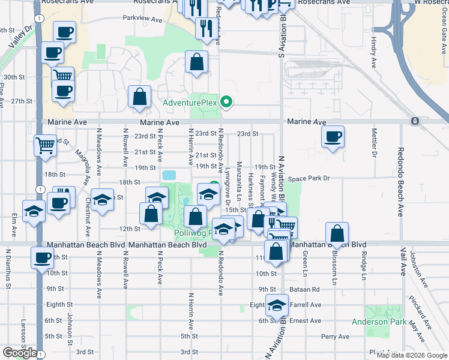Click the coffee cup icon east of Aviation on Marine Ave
coord(333,137)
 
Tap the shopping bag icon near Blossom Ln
coord(338,233)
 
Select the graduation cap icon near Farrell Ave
coord(277,306)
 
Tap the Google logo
coord(19,353)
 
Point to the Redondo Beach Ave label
coord(400,180)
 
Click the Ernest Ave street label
coord(306,320)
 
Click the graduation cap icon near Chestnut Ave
coord(102,200)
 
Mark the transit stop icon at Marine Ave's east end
coord(415,121)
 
